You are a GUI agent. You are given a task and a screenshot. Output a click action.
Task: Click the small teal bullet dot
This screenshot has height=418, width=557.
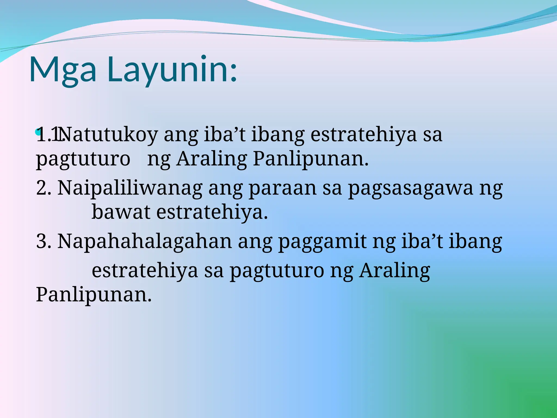tap(38, 132)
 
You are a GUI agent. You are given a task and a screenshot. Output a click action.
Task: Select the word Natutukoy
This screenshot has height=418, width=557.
tap(109, 135)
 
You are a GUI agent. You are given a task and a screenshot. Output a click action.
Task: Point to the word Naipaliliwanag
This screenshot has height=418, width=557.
tap(130, 188)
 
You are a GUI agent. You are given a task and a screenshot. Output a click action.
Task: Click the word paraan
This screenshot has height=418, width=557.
tap(283, 188)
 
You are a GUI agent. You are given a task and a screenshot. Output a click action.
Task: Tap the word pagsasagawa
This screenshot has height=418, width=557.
tap(411, 188)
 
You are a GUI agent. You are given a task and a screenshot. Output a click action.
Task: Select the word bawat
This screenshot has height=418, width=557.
tap(121, 212)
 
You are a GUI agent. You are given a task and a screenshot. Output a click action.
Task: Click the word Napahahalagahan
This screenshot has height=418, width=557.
tap(145, 242)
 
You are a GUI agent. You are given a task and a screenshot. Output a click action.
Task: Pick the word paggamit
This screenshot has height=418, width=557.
tap(322, 242)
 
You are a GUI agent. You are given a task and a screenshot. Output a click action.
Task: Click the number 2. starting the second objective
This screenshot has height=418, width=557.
tap(44, 188)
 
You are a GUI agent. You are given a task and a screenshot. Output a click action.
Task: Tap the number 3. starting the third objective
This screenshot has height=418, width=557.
tap(44, 242)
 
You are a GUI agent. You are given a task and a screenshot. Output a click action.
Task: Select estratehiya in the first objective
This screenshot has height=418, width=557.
tap(363, 135)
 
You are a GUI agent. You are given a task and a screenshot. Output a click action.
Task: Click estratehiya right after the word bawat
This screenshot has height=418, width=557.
tap(212, 212)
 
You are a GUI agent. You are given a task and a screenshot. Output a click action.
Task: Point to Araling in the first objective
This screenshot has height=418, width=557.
tap(212, 159)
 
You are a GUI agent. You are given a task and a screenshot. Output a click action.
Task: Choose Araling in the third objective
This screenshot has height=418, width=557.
tap(395, 271)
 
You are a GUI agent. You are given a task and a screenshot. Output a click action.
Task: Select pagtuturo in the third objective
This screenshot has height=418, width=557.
tap(277, 271)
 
